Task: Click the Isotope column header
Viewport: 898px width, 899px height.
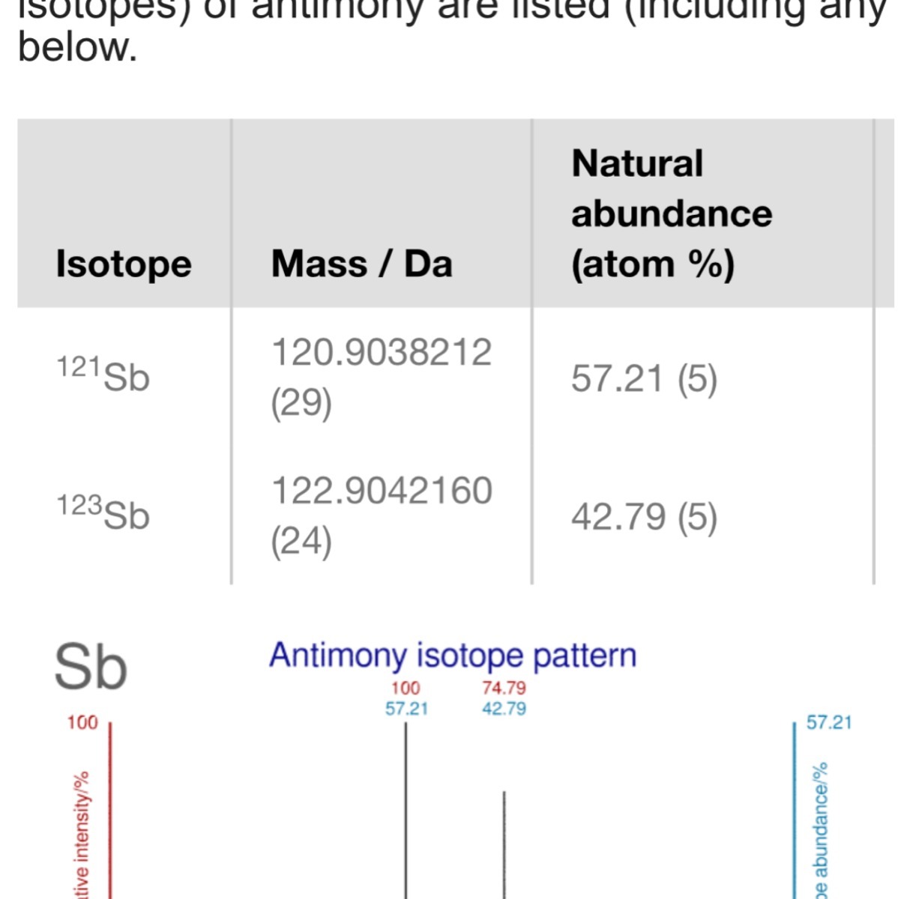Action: (124, 264)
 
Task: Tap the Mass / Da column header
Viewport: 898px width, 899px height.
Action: (361, 264)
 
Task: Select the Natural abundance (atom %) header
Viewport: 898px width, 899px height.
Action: (671, 214)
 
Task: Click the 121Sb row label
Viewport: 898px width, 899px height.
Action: (103, 375)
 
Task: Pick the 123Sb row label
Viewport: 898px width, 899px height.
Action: (103, 513)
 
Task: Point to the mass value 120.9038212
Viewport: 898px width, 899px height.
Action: (381, 352)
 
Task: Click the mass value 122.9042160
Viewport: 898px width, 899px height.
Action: (381, 491)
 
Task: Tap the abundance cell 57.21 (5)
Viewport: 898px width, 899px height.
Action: (644, 378)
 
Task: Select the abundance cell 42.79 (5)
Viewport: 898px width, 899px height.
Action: (644, 517)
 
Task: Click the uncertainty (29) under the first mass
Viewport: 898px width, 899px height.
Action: (301, 403)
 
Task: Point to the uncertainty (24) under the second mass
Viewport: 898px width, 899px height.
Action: (301, 542)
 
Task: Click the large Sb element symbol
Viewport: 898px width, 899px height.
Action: (91, 667)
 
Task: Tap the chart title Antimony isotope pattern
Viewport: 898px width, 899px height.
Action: (453, 656)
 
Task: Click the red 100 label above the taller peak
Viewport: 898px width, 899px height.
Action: (406, 688)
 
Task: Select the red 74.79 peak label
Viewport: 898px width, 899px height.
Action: (504, 688)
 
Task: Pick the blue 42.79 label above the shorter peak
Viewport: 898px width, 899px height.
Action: (504, 709)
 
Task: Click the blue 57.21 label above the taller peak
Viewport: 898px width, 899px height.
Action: (406, 709)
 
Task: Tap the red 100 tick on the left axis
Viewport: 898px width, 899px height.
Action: (82, 722)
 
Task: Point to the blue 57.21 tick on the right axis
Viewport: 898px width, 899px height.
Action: (829, 722)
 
